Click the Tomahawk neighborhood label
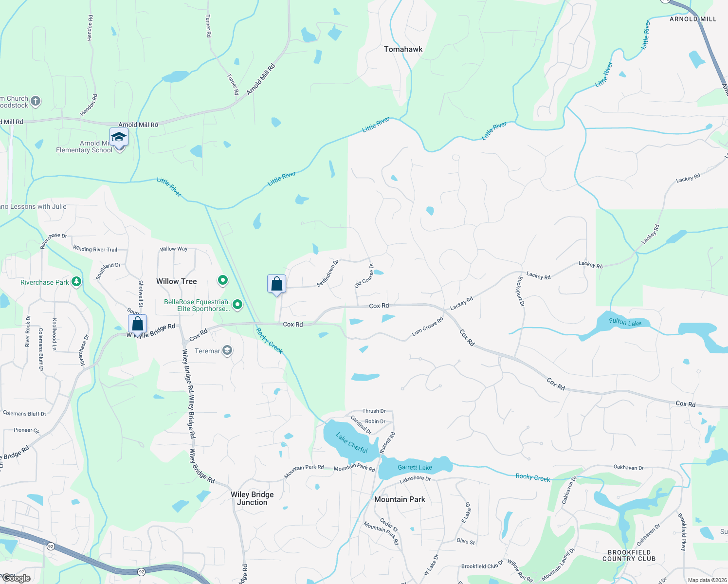[403, 49]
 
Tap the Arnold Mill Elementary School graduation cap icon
[119, 137]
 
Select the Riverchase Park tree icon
[76, 282]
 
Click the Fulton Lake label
[625, 322]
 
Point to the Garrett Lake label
[415, 467]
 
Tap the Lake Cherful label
[351, 443]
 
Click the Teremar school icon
[227, 350]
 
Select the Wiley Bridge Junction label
[252, 498]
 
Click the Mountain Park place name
[400, 499]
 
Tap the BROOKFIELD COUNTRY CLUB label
[629, 555]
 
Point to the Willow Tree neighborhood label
[177, 281]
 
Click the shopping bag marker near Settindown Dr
[276, 284]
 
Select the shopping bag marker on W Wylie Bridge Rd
[138, 324]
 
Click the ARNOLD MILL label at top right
[693, 19]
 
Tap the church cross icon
[36, 101]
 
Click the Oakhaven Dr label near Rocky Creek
[628, 467]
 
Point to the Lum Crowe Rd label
[427, 327]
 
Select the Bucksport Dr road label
[521, 291]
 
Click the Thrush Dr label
[374, 411]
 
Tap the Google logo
[17, 578]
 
